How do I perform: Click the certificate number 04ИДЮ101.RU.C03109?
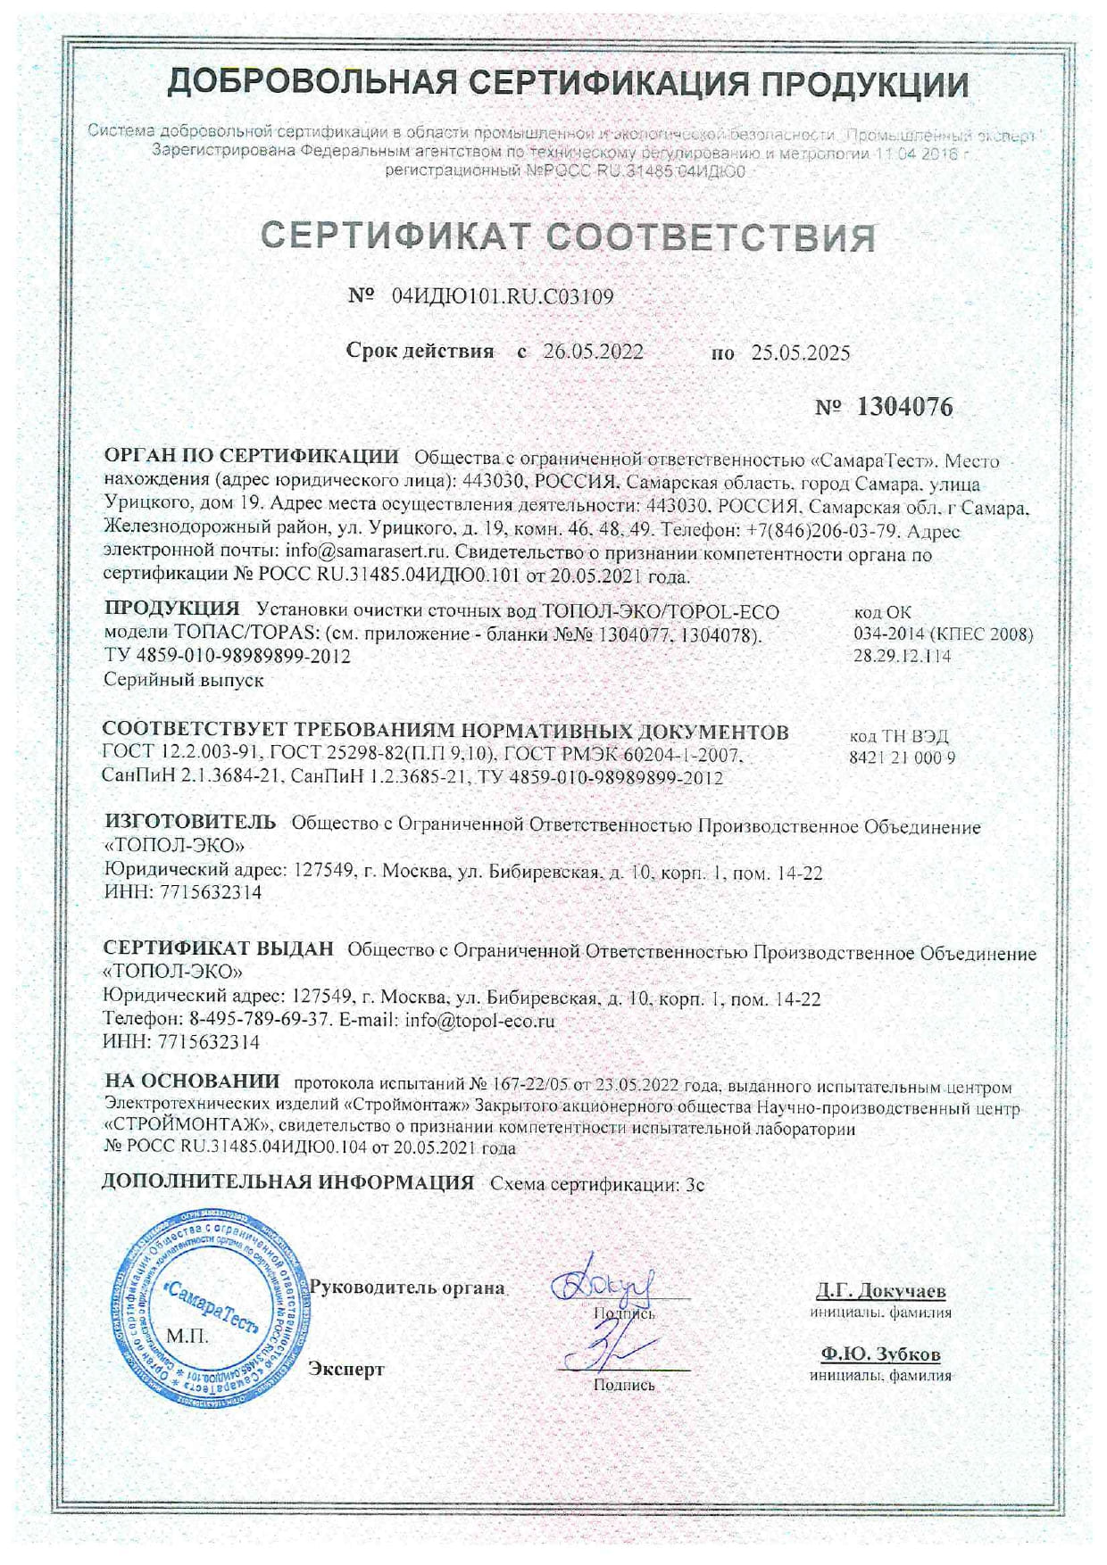coord(503,296)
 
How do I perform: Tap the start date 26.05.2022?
coord(593,352)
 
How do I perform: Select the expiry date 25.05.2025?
coord(800,352)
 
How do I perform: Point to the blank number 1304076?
coord(904,408)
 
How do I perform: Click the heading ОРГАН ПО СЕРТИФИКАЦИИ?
coord(252,457)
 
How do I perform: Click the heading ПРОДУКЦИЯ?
coord(172,609)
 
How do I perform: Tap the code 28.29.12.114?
coord(903,656)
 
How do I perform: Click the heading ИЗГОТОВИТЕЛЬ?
coord(190,822)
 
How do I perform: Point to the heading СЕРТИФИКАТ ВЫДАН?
coord(219,949)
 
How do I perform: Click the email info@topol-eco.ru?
coord(479,1021)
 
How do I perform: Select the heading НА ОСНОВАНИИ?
coord(192,1082)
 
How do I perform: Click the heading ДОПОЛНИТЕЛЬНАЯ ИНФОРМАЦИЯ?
coord(288,1183)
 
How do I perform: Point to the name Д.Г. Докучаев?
coord(880,1291)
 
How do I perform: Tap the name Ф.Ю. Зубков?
coord(880,1354)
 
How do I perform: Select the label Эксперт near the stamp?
coord(346,1369)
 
